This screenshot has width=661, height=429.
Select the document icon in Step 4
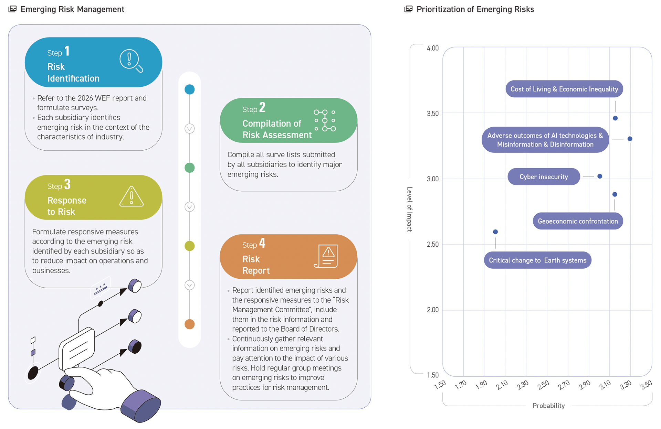coord(326,256)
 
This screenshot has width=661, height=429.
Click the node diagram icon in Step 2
coord(325,121)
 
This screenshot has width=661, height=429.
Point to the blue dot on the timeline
coord(190,89)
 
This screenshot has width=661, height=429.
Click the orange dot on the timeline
coord(190,324)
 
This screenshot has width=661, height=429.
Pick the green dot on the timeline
coord(190,168)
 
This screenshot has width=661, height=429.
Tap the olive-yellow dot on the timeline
coord(190,246)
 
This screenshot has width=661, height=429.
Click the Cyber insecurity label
coord(544,176)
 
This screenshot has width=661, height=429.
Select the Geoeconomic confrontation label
coord(578,221)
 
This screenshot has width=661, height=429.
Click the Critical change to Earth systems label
coord(537,260)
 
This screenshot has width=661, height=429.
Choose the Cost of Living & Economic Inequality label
coord(564,89)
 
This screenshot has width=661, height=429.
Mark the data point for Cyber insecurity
coord(600,176)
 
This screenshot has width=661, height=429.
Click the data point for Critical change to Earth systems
coord(495,232)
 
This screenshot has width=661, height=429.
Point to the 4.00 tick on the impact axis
coord(433,48)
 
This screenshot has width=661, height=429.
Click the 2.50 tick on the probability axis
coord(543,385)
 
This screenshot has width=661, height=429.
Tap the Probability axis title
coord(548,406)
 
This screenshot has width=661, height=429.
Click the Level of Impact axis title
coord(409,209)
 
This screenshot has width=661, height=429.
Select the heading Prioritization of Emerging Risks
coord(475,9)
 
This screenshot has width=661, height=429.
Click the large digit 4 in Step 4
coord(262,243)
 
